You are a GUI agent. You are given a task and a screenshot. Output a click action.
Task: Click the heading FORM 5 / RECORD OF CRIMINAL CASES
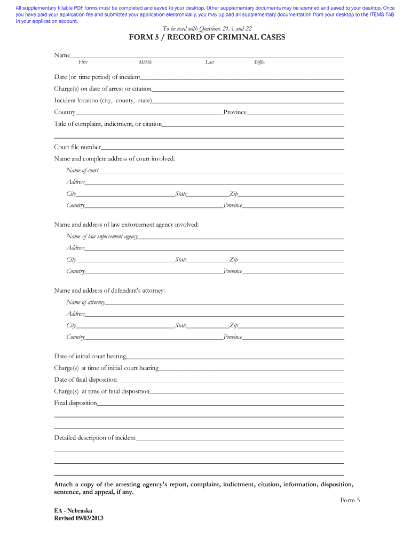coord(207,37)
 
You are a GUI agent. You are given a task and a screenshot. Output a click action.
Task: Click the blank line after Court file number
coord(222,147)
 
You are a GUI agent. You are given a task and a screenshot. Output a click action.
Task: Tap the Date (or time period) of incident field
coord(242,77)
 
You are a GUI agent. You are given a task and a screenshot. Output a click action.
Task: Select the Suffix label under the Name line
coord(259,62)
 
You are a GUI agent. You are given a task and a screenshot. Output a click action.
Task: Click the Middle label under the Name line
coord(145,62)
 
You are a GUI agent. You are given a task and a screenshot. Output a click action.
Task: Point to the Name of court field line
coord(221,171)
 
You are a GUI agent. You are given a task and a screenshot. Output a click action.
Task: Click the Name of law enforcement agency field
coord(241,236)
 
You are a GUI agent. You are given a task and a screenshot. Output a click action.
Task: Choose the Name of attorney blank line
coord(224,302)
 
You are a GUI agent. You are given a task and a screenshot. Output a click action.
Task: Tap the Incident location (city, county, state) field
coord(248,101)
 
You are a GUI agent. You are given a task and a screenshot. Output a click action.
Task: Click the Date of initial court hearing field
coord(235,356)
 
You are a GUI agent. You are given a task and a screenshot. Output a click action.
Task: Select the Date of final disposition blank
coord(230,380)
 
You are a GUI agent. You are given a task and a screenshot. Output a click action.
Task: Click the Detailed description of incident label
coord(95,438)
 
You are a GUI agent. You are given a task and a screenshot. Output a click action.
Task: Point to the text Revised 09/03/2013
coord(79,518)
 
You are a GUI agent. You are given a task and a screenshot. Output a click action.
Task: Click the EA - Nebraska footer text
coord(74,510)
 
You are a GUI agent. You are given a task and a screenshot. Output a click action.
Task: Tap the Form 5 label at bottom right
coord(350,500)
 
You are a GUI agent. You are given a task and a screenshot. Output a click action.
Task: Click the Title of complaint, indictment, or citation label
coord(108,124)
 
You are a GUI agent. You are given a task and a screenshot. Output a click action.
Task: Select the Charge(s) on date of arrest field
coord(248,89)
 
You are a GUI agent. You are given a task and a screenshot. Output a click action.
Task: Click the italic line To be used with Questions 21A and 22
coord(207,28)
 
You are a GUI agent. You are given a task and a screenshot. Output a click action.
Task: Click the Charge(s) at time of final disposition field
coord(247,391)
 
